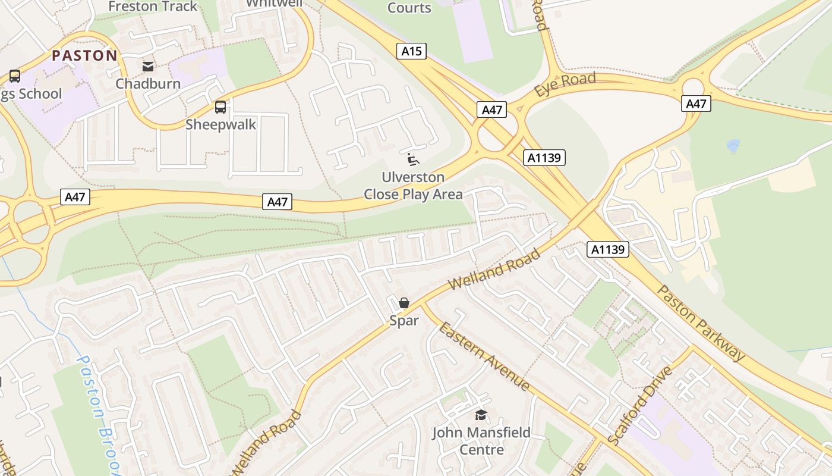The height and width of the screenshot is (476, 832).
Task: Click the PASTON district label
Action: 84,56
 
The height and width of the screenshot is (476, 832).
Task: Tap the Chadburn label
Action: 148,83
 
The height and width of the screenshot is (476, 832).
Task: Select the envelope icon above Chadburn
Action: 147,66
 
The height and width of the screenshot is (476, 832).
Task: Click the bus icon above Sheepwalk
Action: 220,107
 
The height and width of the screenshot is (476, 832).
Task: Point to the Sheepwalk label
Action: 220,124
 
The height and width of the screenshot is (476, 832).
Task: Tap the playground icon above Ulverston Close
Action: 412,159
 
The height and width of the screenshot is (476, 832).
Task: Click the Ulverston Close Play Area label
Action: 413,186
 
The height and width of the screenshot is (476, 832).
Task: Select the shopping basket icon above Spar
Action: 404,303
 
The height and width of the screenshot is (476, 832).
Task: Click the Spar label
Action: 404,321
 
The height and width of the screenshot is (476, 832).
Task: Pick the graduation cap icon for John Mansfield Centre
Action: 481,415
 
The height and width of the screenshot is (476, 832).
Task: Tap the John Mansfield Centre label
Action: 481,441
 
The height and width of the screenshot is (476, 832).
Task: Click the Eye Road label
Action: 565,84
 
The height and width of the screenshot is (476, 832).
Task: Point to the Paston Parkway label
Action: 701,322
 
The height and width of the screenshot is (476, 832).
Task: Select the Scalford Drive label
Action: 640,405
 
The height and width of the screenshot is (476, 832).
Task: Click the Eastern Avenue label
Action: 484,354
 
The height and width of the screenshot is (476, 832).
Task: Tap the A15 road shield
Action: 411,51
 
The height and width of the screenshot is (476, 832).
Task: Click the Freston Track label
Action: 153,7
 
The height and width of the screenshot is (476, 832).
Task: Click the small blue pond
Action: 733,145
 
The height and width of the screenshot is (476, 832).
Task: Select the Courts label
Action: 409,8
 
